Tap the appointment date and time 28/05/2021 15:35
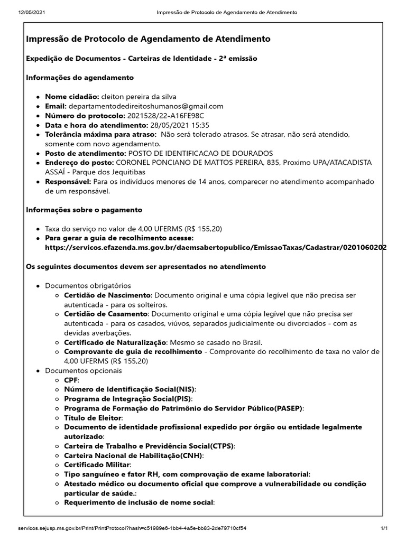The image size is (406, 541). [x=180, y=125]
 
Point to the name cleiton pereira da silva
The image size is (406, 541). [x=139, y=97]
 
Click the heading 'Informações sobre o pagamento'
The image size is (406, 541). [x=84, y=210]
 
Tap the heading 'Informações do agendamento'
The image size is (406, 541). [x=80, y=78]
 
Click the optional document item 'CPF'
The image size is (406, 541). [x=71, y=380]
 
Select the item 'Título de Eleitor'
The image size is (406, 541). [x=93, y=418]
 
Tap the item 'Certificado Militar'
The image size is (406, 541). [x=97, y=465]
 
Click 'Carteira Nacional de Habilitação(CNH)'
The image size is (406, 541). [x=133, y=455]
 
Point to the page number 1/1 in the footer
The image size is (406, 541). [x=384, y=528]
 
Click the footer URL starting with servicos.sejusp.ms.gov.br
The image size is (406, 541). [x=132, y=528]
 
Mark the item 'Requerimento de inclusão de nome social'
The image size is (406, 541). [x=139, y=502]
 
